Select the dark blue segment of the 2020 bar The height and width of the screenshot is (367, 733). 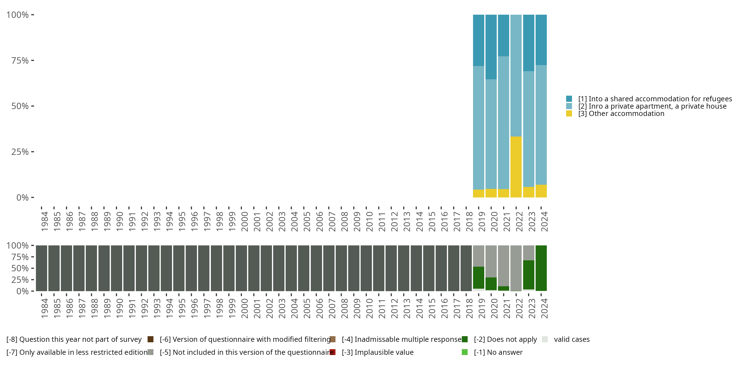point(491,47)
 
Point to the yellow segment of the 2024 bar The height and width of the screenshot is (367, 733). point(541,191)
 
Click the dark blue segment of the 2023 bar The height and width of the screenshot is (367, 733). point(528,43)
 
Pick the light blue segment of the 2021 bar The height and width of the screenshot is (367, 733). point(503,123)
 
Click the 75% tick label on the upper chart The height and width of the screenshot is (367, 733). point(20,60)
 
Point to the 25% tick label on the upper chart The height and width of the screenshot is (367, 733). point(20,152)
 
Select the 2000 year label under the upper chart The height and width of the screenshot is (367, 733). point(244,221)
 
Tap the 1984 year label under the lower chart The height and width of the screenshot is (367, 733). point(44,308)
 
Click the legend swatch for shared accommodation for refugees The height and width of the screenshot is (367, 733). point(569,99)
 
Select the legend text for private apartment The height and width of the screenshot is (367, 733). point(652,106)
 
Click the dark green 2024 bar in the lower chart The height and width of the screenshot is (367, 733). point(541,268)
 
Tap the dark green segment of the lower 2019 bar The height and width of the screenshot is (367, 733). point(478,277)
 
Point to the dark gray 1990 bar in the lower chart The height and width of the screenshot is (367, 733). point(116,268)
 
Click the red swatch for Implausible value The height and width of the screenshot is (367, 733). point(332,352)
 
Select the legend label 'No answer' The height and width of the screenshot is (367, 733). point(498,352)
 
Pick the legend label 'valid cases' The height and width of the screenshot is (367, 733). point(572,339)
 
